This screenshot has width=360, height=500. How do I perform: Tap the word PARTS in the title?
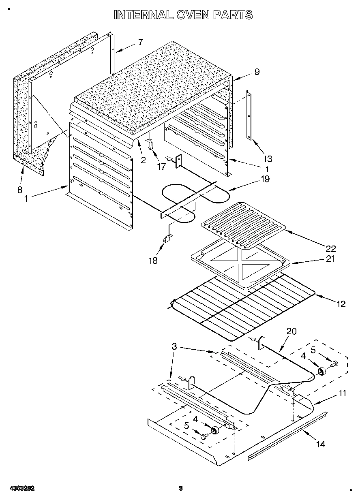click(231, 15)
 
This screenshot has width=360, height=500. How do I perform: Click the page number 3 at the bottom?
click(181, 488)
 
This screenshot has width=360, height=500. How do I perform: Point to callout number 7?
click(141, 41)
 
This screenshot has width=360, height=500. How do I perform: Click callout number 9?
click(257, 72)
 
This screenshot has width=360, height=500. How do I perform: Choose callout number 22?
click(331, 248)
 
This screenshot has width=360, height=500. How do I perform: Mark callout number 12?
click(341, 303)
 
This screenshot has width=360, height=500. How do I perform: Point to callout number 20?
click(291, 331)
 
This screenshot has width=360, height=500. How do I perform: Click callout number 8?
click(20, 190)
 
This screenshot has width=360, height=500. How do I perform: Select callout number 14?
click(320, 444)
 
